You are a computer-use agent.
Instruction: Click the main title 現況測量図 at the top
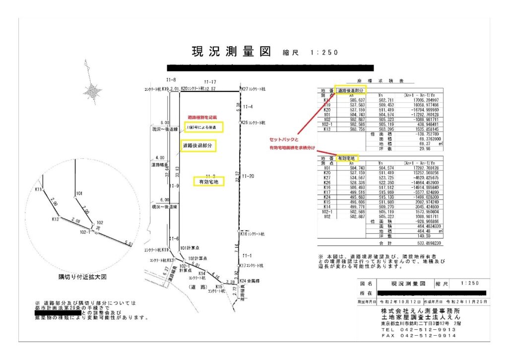[x=231, y=52]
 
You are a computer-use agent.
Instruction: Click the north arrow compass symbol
[x=92, y=90]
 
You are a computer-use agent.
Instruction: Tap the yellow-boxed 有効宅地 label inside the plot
[x=208, y=182]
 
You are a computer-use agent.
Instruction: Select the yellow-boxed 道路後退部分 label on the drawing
[x=197, y=145]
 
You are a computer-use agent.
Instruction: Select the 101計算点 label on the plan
[x=190, y=248]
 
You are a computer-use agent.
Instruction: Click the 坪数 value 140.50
[x=430, y=236]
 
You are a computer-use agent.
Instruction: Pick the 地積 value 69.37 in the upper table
[x=430, y=144]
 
